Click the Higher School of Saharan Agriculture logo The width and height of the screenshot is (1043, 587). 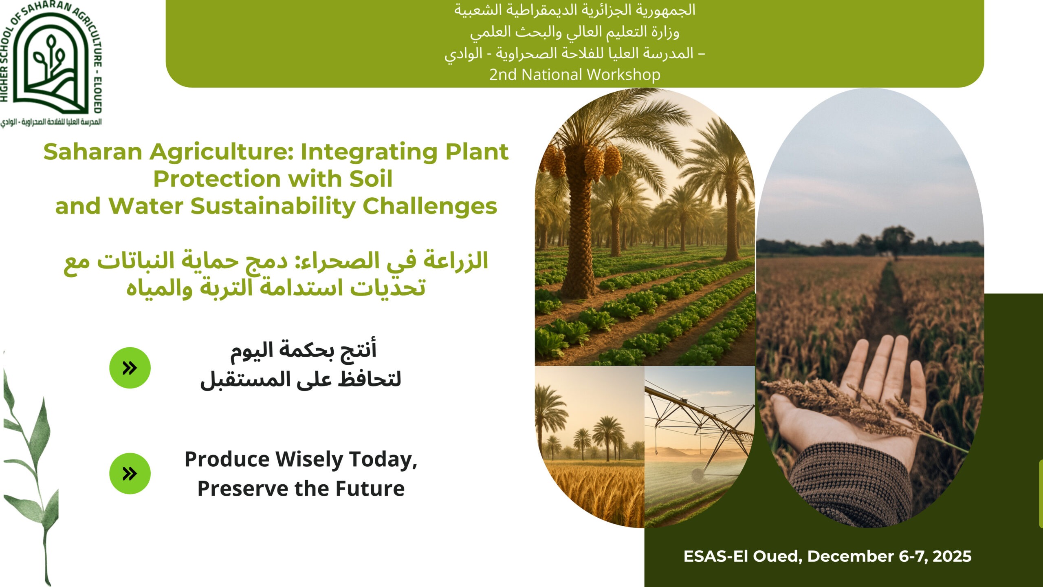pos(51,63)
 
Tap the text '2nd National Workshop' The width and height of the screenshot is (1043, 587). pos(574,75)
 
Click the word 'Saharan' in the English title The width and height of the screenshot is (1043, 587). pos(92,152)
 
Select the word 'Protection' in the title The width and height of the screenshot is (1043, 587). pos(217,179)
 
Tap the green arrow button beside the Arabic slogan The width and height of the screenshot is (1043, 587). pos(130,368)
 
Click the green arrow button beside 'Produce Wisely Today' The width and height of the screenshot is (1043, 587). pos(130,474)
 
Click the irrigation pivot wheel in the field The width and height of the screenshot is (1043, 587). pos(698,474)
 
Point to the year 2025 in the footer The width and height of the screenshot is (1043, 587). pos(952,556)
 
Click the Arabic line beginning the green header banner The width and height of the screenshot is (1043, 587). pos(574,10)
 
